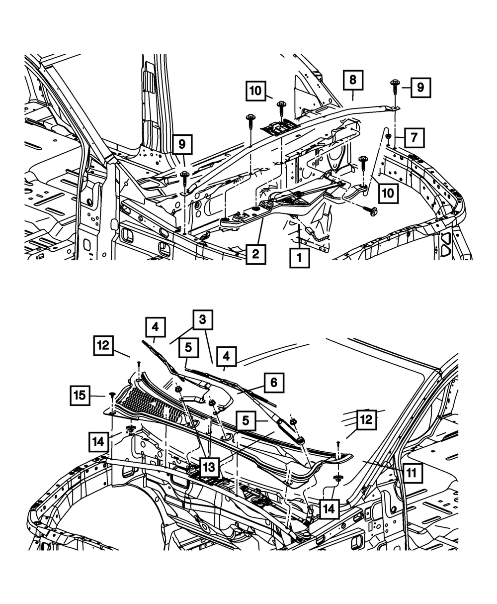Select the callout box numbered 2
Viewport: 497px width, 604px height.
pos(254,254)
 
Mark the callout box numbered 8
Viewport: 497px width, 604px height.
pos(352,81)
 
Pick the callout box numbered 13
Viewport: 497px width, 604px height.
pos(210,467)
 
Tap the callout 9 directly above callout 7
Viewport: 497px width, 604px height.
pos(420,88)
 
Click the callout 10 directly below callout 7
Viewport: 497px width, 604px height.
pos(389,193)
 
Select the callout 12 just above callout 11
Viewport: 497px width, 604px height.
pos(366,419)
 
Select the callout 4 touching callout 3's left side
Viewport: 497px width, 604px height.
pos(156,329)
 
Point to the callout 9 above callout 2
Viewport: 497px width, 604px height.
pos(182,145)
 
